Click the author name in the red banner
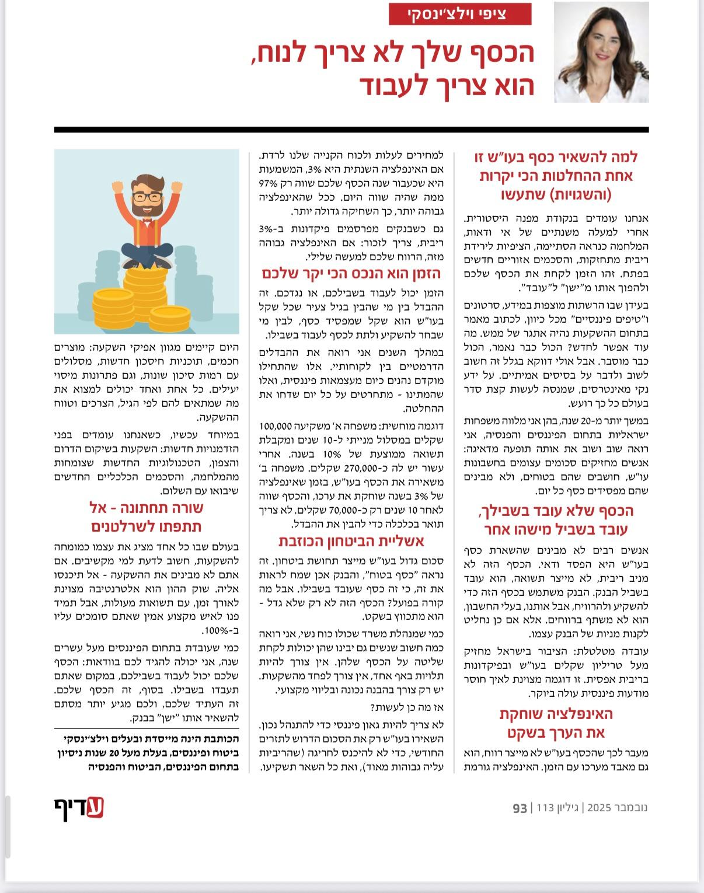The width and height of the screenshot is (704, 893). point(460,15)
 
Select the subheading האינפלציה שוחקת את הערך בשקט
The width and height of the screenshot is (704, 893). point(556,723)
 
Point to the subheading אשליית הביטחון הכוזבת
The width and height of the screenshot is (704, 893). point(351,540)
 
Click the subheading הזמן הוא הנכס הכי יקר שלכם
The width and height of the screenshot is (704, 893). point(351,274)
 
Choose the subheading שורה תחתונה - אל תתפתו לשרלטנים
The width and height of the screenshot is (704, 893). point(147,517)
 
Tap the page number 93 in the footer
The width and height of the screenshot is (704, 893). point(520,808)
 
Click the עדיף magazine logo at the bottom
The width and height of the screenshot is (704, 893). point(79,808)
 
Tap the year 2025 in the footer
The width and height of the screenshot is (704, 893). point(598,808)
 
